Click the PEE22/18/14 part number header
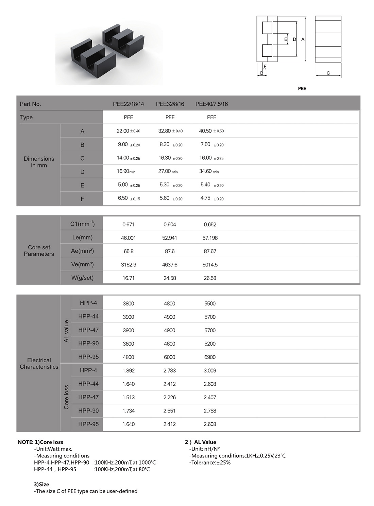(x=128, y=104)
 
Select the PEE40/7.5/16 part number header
(x=211, y=104)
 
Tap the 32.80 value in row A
(x=165, y=131)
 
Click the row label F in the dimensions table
(x=82, y=199)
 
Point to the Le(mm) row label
(x=82, y=238)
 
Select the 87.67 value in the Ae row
(x=210, y=251)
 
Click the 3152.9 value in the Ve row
(x=128, y=264)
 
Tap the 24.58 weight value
(x=169, y=278)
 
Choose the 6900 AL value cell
(x=210, y=357)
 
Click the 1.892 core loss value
(x=128, y=370)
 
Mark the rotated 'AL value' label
(x=66, y=331)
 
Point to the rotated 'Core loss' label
(x=66, y=397)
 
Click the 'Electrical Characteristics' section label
(x=39, y=363)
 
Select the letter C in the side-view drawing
(x=328, y=73)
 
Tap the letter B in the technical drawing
(x=261, y=73)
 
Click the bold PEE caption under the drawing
(x=302, y=89)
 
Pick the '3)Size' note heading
(x=41, y=484)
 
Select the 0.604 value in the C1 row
(x=169, y=225)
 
